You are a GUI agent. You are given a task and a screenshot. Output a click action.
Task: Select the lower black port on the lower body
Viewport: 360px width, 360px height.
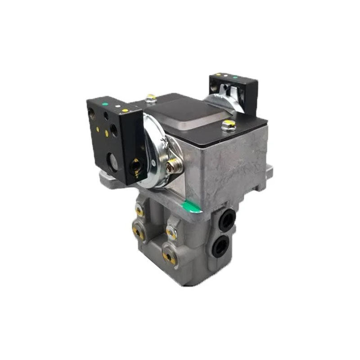[222, 246]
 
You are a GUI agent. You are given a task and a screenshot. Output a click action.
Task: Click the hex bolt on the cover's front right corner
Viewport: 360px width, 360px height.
[229, 125]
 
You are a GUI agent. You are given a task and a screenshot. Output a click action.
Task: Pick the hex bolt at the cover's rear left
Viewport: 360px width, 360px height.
[151, 98]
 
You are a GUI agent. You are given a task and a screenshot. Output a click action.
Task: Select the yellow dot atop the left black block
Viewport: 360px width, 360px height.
[126, 110]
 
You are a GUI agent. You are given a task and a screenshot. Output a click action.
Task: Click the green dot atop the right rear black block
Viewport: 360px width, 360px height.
[235, 77]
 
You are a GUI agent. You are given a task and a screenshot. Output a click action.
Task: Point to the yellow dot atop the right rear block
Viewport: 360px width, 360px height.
[219, 75]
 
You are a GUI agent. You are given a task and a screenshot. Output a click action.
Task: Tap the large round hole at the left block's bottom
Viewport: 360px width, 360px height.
[112, 161]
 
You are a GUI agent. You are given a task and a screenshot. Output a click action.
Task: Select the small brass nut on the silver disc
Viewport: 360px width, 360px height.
[172, 168]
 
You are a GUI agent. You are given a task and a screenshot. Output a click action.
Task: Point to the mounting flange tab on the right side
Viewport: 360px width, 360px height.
[269, 171]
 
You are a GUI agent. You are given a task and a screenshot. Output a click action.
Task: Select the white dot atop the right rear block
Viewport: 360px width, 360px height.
[226, 76]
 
